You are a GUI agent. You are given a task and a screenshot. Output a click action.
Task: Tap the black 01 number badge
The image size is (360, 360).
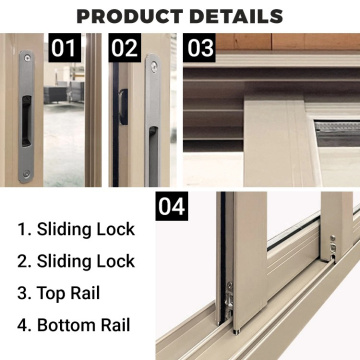click(x=65, y=47)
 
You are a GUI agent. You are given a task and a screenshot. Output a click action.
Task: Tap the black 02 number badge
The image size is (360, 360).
click(x=125, y=47)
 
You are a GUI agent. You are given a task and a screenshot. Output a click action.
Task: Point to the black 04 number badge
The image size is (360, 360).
click(x=172, y=207)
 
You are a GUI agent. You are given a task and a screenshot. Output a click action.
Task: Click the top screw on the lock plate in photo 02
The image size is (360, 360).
click(x=154, y=66)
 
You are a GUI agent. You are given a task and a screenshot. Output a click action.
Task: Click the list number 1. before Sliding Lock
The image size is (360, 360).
click(x=23, y=229)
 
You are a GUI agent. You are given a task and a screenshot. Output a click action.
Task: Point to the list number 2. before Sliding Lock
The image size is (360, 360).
click(x=23, y=261)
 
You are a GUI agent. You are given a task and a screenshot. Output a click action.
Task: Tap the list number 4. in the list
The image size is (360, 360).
click(x=23, y=325)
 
